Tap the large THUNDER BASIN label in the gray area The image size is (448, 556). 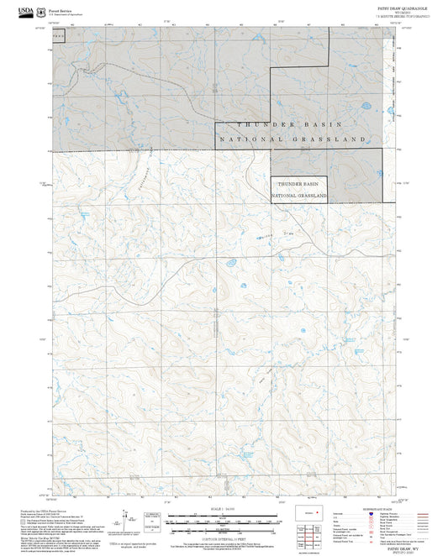[292, 123]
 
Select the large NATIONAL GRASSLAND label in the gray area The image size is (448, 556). [292, 138]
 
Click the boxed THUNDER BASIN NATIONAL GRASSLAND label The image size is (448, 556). [298, 189]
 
